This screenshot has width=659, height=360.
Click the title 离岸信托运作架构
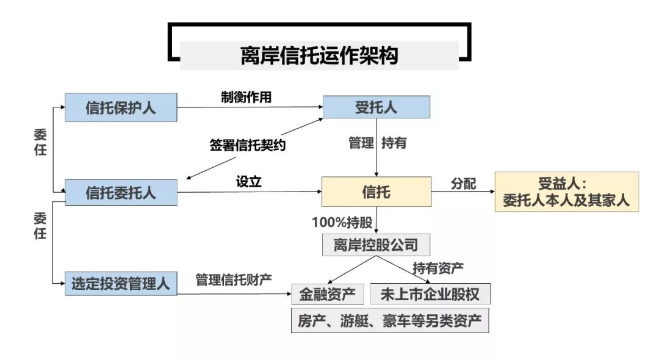(319, 56)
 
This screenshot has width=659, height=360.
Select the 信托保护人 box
(121, 108)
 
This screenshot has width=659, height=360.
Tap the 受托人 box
(376, 108)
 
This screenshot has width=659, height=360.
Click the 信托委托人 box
(121, 193)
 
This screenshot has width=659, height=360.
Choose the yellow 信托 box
(376, 193)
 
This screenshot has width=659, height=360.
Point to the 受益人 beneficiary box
(566, 192)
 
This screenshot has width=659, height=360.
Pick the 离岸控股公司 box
(376, 245)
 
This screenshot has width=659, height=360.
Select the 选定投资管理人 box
(121, 284)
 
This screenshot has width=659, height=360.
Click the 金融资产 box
(328, 294)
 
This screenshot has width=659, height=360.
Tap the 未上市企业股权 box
(430, 294)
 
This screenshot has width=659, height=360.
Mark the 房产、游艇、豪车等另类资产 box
(390, 321)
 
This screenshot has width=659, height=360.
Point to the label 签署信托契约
(247, 145)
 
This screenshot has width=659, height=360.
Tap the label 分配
(464, 183)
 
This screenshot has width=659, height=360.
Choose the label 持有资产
(438, 267)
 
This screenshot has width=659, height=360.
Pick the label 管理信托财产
(234, 279)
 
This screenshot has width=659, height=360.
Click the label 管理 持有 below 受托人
(377, 143)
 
